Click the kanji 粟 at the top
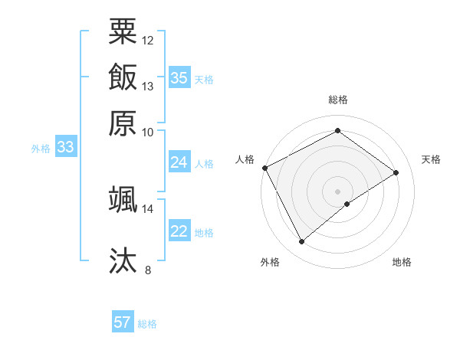[123, 31]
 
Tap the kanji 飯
[123, 77]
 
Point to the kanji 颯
[123, 199]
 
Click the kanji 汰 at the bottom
[123, 260]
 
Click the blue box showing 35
[179, 78]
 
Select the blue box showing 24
[179, 162]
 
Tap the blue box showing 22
[179, 231]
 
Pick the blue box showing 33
[65, 147]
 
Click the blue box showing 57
[123, 322]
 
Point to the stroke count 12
[148, 40]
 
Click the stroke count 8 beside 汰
[148, 270]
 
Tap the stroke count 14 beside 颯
[148, 208]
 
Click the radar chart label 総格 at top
[338, 100]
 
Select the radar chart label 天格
[431, 159]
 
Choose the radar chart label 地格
[402, 262]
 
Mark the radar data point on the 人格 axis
[264, 168]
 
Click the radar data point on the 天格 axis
[396, 172]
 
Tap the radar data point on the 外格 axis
[301, 242]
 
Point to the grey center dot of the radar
[338, 191]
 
